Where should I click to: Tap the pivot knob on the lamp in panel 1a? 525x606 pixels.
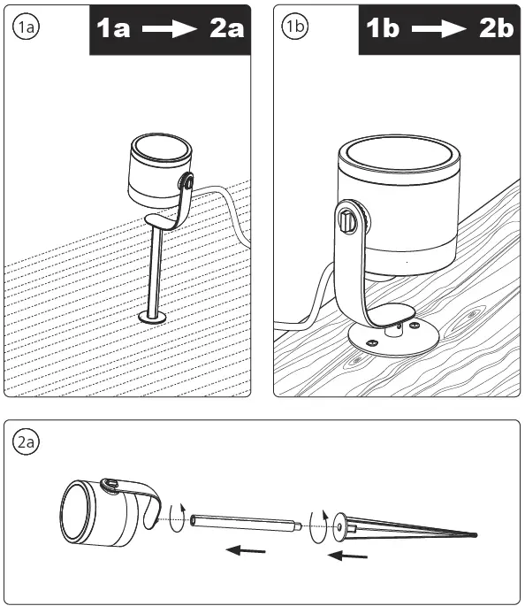(186, 183)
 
